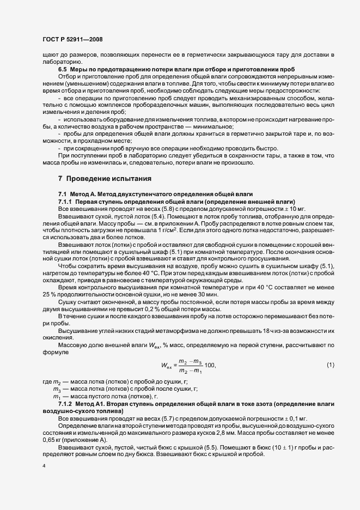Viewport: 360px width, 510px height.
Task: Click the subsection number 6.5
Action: [63, 70]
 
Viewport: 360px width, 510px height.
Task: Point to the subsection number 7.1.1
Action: [66, 201]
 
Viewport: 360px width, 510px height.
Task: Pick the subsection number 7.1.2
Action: [66, 403]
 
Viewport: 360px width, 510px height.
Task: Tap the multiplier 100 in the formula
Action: [210, 365]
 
